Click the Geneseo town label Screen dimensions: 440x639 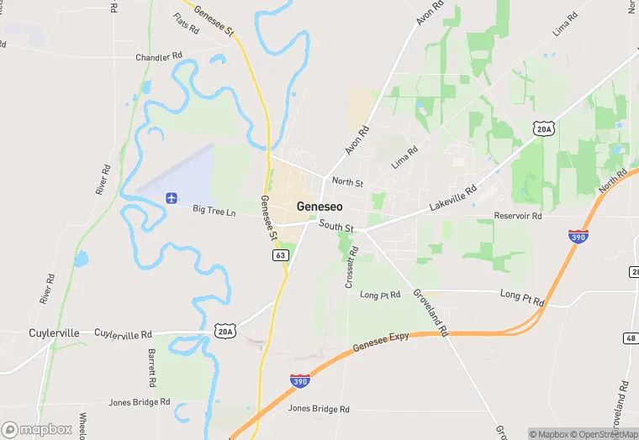pyautogui.click(x=319, y=207)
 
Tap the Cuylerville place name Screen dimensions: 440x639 pyautogui.click(x=55, y=333)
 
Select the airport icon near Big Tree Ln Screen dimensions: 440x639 pyautogui.click(x=172, y=198)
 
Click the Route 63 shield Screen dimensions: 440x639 pyautogui.click(x=281, y=255)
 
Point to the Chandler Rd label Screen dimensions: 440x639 pyautogui.click(x=159, y=57)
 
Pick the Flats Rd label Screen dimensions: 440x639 pyautogui.click(x=186, y=24)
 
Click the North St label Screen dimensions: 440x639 pyautogui.click(x=347, y=181)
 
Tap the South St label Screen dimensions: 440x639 pyautogui.click(x=336, y=228)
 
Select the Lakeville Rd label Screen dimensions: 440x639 pyautogui.click(x=453, y=198)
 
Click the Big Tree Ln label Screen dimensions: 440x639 pyautogui.click(x=214, y=210)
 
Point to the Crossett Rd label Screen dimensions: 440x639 pyautogui.click(x=351, y=267)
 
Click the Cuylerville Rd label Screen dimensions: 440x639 pyautogui.click(x=123, y=333)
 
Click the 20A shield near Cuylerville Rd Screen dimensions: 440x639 pyautogui.click(x=224, y=332)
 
